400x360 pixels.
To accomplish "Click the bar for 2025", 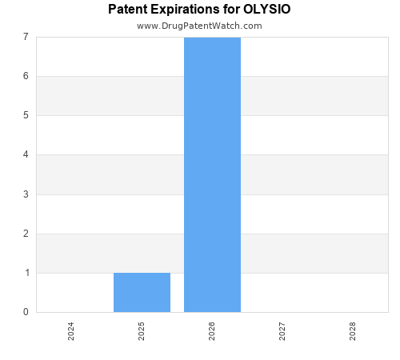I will coord(142,292).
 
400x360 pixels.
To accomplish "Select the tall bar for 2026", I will coord(212,174).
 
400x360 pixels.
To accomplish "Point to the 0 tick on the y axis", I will coord(26,312).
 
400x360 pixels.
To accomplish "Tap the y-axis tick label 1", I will coord(26,273).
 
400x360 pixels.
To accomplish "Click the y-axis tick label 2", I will coord(26,234).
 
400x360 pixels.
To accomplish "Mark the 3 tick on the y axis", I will coord(26,194).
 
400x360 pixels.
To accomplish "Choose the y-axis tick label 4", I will coord(26,155).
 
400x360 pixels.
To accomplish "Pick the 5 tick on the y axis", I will coord(26,115).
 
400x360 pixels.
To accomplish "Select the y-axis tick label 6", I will coord(26,76).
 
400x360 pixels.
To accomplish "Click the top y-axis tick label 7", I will coord(26,37).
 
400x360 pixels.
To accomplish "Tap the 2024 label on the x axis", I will coord(71,331).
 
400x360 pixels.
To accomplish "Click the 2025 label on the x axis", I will coord(142,331).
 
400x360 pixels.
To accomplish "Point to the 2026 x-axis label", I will coord(212,331).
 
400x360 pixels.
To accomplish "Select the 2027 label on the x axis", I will coord(282,331).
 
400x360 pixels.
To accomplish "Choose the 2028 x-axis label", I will coord(353,331).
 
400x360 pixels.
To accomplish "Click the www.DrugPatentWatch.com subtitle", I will coord(199,26).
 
